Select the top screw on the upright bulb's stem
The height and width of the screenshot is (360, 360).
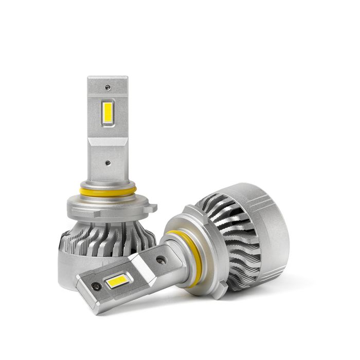pos(107,86)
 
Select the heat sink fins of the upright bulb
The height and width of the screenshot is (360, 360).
pos(111,242)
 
